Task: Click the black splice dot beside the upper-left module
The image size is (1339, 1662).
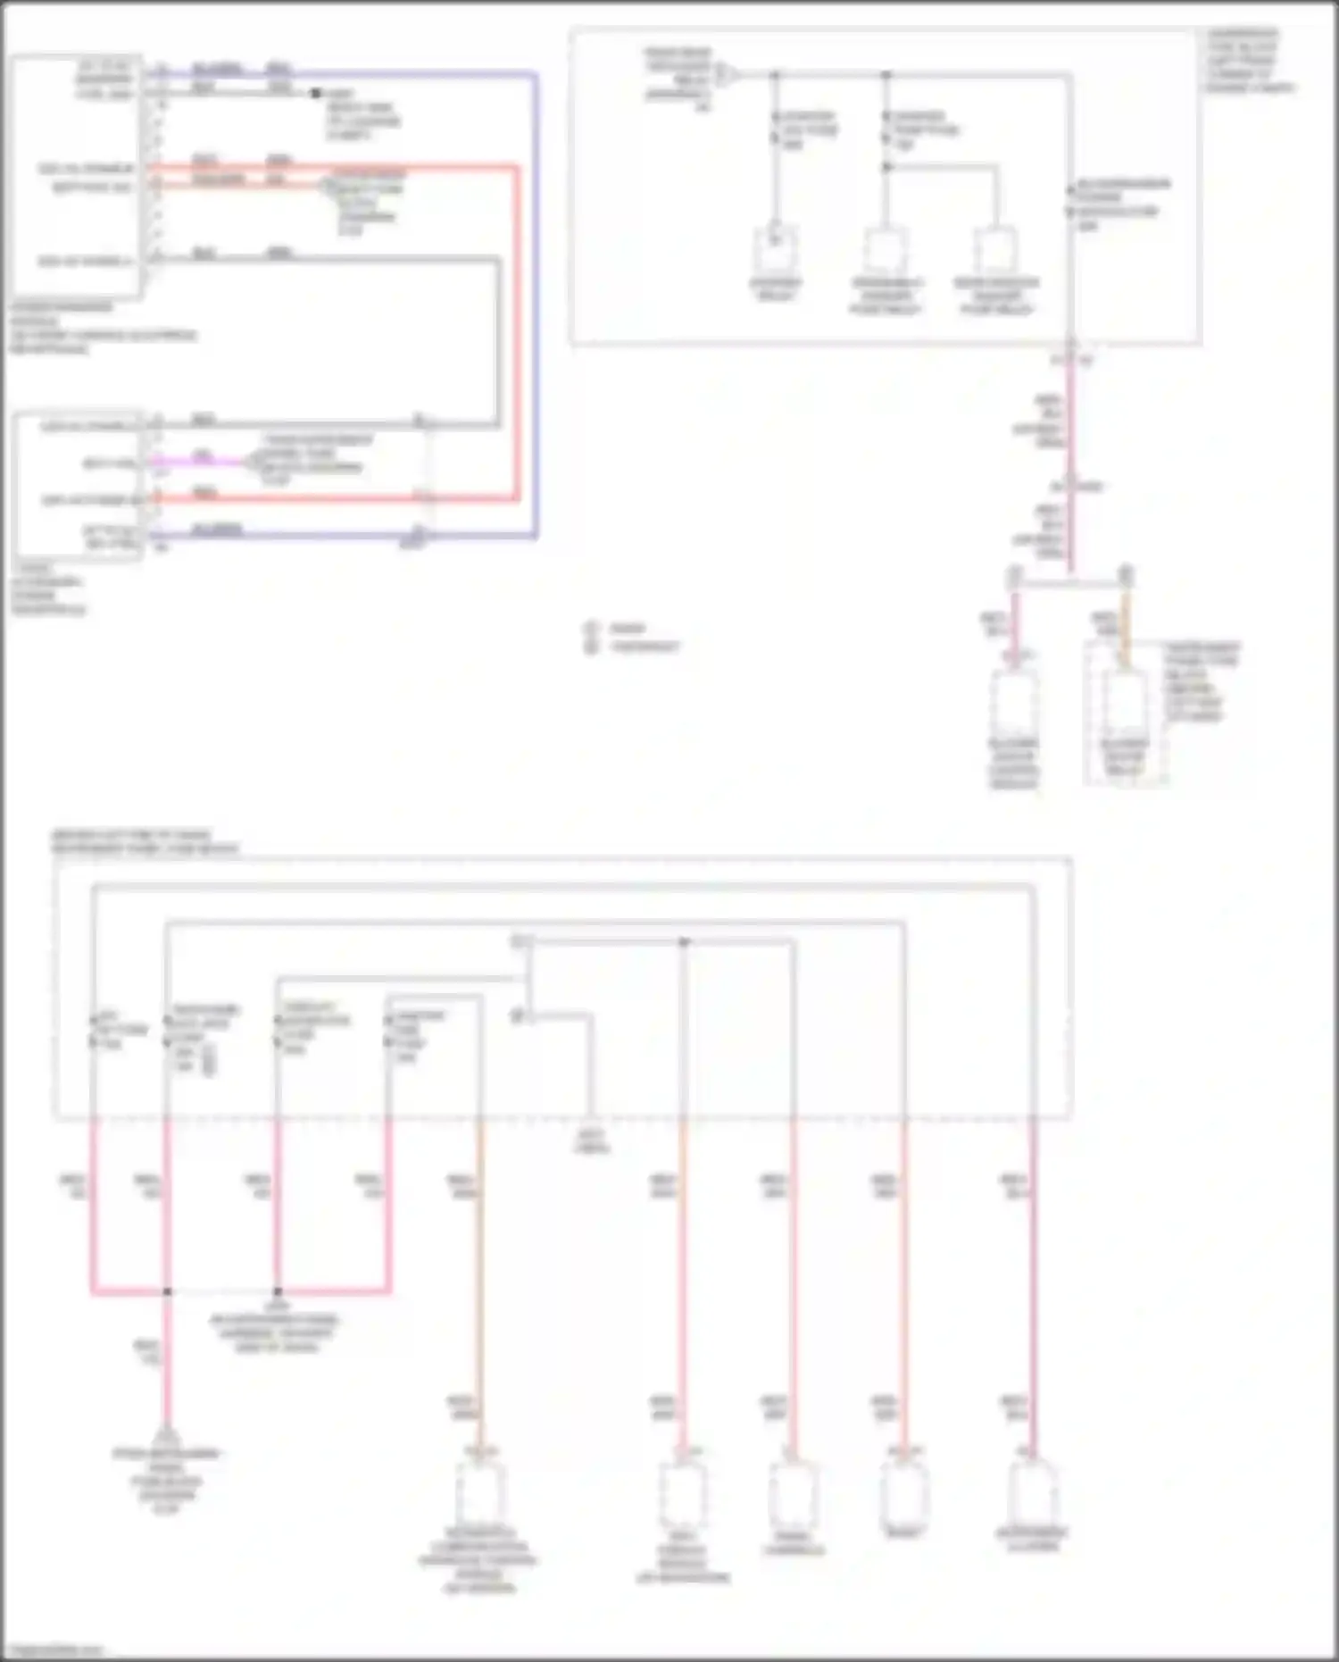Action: pyautogui.click(x=315, y=93)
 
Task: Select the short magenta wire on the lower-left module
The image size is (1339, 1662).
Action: pyautogui.click(x=203, y=462)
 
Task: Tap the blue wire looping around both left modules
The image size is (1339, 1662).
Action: pyautogui.click(x=536, y=304)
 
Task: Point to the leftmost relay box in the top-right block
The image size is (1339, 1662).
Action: pyautogui.click(x=775, y=251)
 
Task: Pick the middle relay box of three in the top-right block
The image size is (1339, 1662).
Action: pyautogui.click(x=885, y=251)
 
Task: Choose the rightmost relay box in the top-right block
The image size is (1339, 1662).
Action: pyautogui.click(x=995, y=251)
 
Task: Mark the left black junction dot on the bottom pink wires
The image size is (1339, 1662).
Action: pyautogui.click(x=167, y=1291)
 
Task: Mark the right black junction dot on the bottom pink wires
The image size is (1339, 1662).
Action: pyautogui.click(x=278, y=1291)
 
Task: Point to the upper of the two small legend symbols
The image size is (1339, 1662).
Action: pyautogui.click(x=590, y=628)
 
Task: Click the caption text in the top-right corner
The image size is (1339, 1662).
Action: pyautogui.click(x=1249, y=61)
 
